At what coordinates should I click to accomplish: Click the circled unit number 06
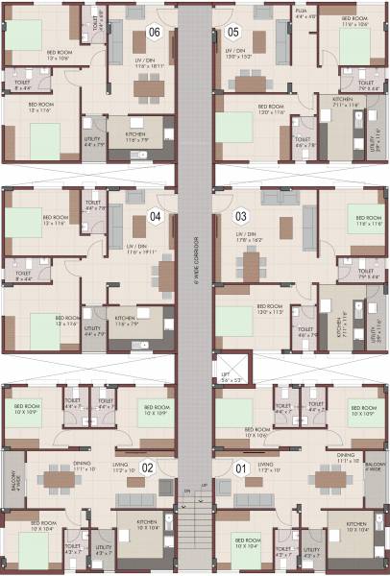click(x=154, y=33)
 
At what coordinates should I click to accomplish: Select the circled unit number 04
click(x=157, y=215)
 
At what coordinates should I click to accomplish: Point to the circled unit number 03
click(x=241, y=215)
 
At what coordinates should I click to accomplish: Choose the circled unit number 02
click(x=148, y=468)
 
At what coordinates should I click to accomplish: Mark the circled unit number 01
click(x=240, y=468)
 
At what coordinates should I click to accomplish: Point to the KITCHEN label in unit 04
click(x=124, y=318)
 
